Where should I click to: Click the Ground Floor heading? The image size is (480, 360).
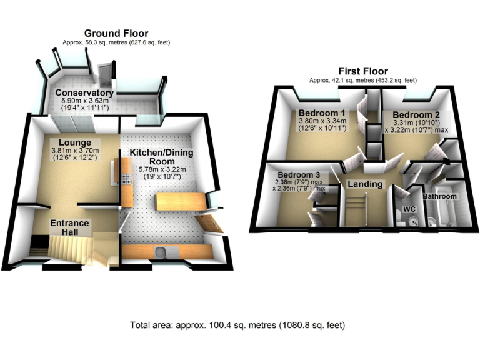tap(116, 33)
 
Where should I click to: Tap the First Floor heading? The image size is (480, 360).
tap(362, 71)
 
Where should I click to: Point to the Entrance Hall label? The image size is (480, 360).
tap(69, 227)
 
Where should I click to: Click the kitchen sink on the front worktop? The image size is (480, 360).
tap(161, 252)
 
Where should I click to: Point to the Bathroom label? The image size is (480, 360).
tap(441, 196)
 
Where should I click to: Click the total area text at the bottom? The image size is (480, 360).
tap(237, 326)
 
